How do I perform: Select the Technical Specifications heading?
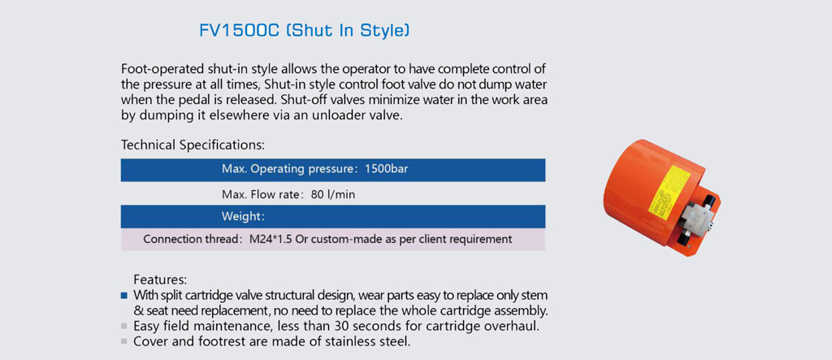(193, 145)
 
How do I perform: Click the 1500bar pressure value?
(386, 169)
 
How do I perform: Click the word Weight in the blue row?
(240, 217)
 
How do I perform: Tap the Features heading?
(160, 280)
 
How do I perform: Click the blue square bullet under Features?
(124, 295)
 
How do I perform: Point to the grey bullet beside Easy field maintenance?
(124, 326)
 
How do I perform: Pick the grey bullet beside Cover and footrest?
(124, 341)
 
